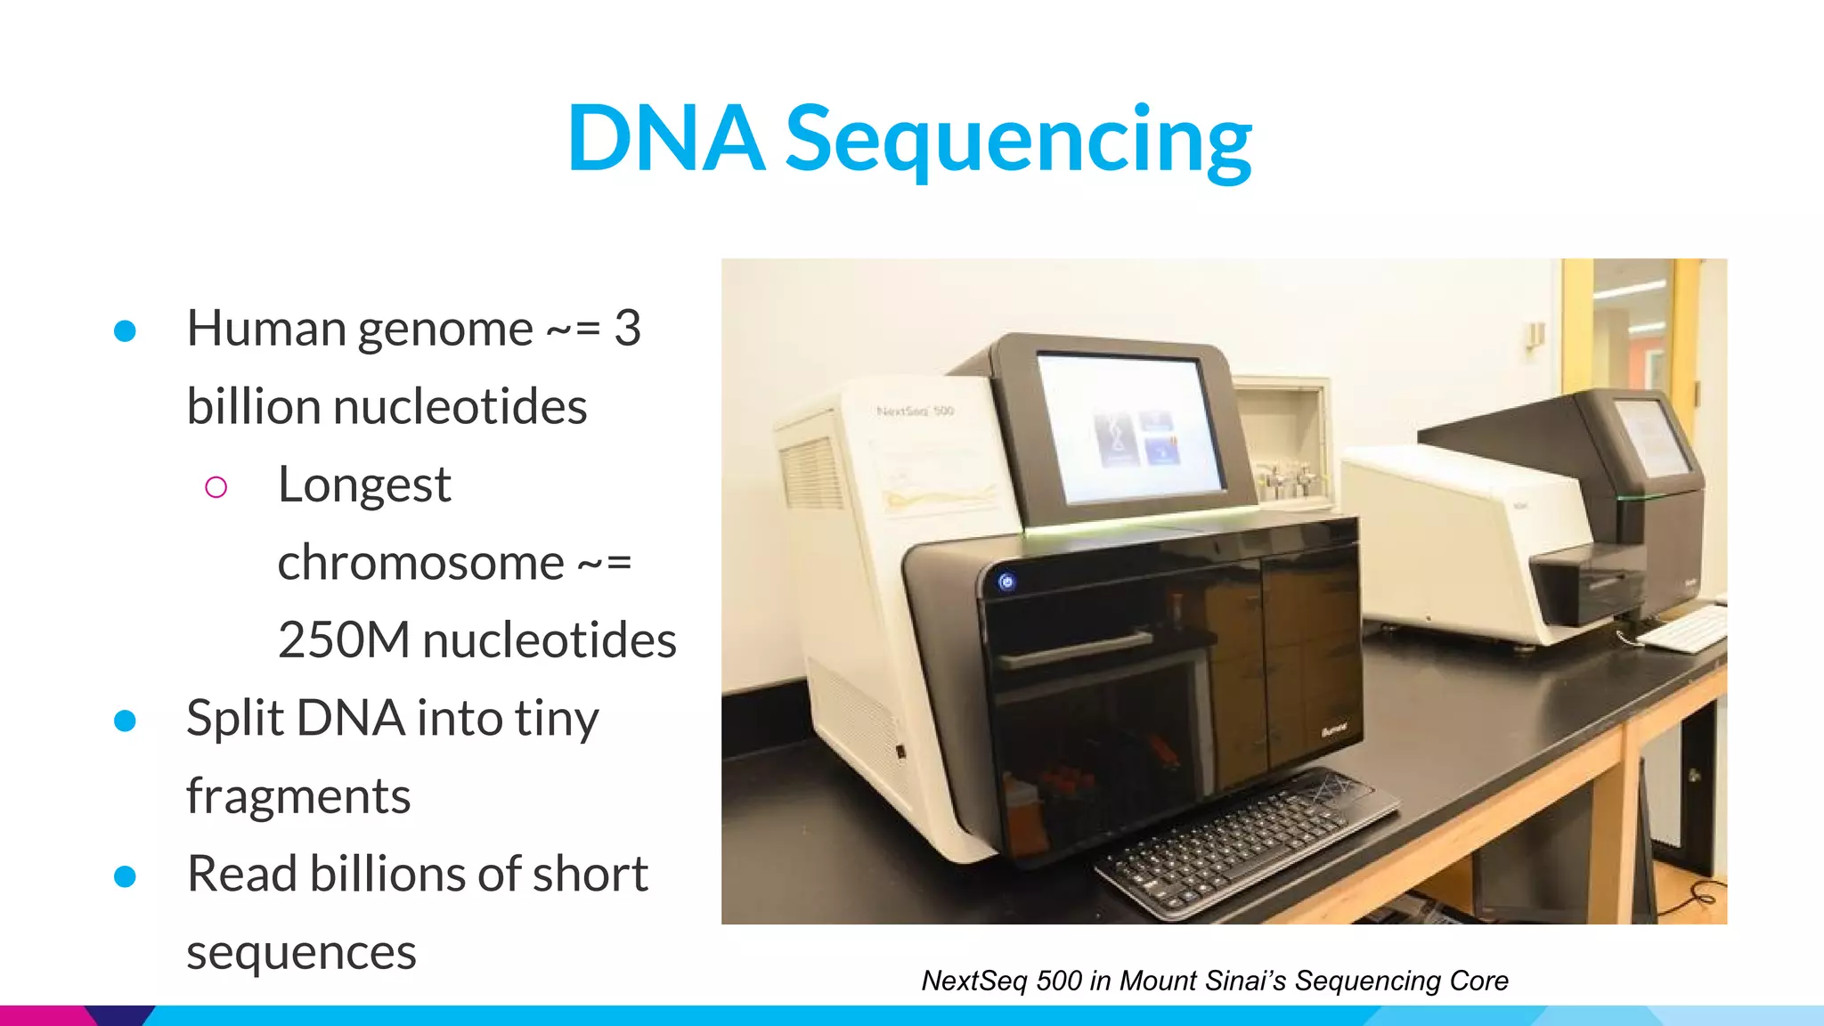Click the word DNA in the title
[x=665, y=139]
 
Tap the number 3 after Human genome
[x=628, y=328]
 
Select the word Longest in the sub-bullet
[x=364, y=485]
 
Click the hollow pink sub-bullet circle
[x=216, y=486]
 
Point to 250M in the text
[x=344, y=640]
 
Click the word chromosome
[x=420, y=563]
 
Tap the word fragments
[x=298, y=796]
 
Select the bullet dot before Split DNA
[x=125, y=720]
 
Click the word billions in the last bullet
[x=388, y=874]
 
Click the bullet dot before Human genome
[x=125, y=330]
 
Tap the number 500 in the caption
[x=1058, y=981]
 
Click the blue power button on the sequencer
[x=1006, y=582]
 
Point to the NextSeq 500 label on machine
[x=915, y=411]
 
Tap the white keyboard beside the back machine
[x=1681, y=629]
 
